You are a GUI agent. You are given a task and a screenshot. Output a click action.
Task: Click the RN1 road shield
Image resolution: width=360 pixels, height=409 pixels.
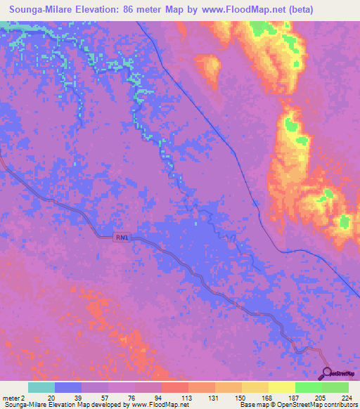click(122, 238)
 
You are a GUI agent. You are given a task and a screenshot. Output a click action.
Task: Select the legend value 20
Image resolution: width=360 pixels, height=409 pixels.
click(51, 397)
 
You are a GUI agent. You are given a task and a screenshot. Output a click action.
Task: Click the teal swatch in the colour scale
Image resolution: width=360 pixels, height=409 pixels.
click(41, 387)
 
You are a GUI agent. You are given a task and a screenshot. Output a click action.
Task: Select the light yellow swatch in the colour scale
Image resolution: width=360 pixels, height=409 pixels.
click(281, 387)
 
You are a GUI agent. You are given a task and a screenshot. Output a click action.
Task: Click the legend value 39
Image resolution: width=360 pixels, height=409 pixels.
click(78, 397)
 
